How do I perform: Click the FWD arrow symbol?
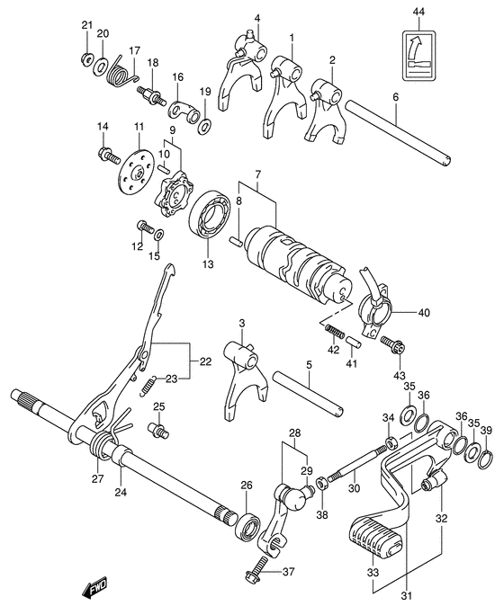[94, 590]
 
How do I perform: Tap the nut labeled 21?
[86, 59]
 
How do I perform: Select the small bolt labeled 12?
[142, 227]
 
